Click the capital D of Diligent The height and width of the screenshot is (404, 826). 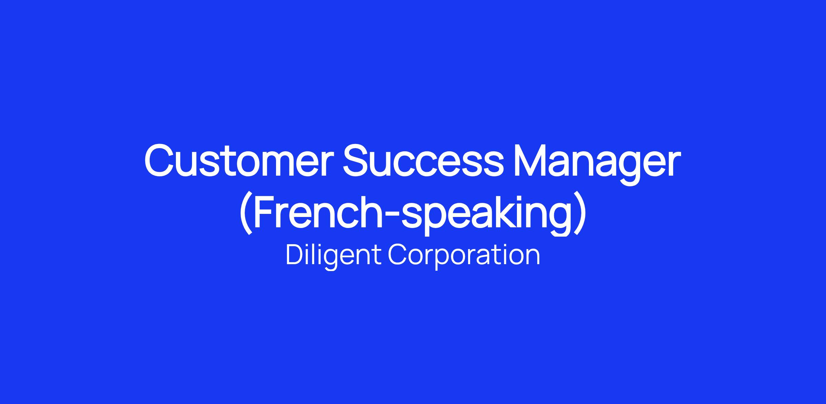click(296, 255)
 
